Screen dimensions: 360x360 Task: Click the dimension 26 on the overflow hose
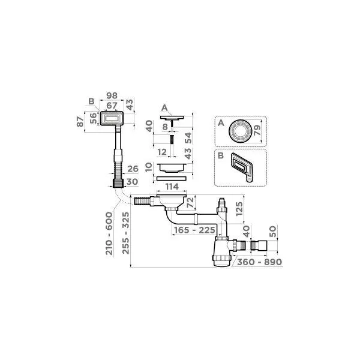click(x=133, y=168)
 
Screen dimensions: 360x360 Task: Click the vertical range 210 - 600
click(x=109, y=233)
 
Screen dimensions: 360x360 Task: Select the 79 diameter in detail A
click(x=259, y=130)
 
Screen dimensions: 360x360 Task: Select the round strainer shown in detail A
click(x=238, y=130)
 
